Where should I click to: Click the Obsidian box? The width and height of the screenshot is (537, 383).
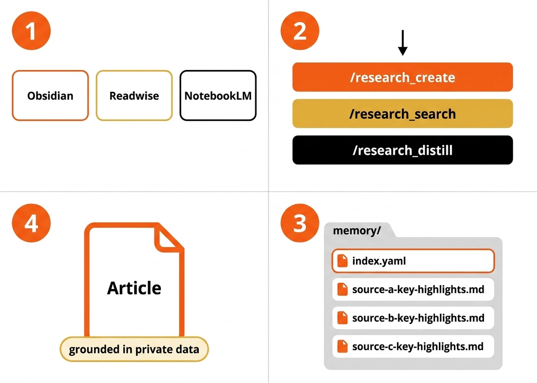[x=50, y=96]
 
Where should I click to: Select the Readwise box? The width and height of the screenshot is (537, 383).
[x=134, y=96]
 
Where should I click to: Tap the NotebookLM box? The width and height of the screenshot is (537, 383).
[x=218, y=96]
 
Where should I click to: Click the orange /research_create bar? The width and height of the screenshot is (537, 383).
[x=402, y=77]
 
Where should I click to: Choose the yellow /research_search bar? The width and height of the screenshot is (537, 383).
[x=402, y=114]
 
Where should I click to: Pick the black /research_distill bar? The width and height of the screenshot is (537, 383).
[x=402, y=150]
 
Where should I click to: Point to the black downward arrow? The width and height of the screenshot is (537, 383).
[x=402, y=43]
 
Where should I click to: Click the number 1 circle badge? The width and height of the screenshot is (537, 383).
[x=31, y=31]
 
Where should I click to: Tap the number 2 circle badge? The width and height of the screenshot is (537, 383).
[x=300, y=31]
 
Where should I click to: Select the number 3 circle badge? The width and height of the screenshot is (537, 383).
[x=300, y=223]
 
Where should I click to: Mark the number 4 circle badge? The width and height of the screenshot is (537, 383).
[x=31, y=223]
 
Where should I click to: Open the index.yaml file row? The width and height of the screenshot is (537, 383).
[x=413, y=261]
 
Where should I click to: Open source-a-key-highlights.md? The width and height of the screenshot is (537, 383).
[x=413, y=290]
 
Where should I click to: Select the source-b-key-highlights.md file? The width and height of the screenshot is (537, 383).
[x=413, y=318]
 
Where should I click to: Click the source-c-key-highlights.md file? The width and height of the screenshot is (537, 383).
[x=413, y=346]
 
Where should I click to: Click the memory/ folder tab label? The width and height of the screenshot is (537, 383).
[x=357, y=231]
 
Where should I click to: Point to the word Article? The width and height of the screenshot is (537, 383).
[x=134, y=288]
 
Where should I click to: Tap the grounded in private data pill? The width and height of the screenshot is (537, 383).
[x=134, y=349]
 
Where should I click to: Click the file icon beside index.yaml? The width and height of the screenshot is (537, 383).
[x=342, y=261]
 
